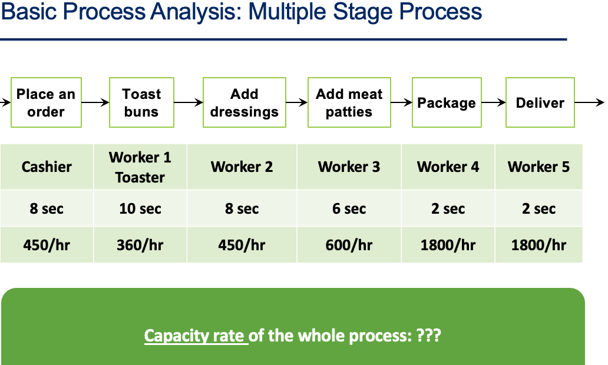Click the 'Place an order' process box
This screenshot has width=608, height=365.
[x=46, y=102]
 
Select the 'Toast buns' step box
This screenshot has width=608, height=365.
[x=141, y=102]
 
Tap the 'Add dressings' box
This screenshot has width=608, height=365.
[x=244, y=102]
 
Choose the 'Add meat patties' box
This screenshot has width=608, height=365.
[x=349, y=102]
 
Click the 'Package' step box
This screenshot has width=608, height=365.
[x=446, y=102]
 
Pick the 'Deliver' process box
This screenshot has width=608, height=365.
[x=540, y=102]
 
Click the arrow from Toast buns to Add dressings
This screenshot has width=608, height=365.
[x=189, y=102]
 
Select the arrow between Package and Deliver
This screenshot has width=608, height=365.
[x=494, y=102]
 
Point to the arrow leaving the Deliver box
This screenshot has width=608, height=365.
[x=589, y=102]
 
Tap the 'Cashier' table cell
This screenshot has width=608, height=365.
[x=47, y=167]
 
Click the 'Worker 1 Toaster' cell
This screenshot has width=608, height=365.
[x=140, y=167]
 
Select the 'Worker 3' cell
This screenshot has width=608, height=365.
[x=349, y=167]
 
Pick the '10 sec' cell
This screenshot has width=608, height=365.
[x=140, y=208]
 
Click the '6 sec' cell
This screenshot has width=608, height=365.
[x=349, y=208]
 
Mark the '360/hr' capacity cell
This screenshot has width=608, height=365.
[x=140, y=245]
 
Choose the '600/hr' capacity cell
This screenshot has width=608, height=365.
[x=349, y=245]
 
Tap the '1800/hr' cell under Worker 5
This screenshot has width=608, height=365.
[x=538, y=245]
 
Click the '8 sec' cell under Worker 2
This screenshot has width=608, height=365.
[x=242, y=208]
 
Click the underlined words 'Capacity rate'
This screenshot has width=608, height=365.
[x=195, y=336]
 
